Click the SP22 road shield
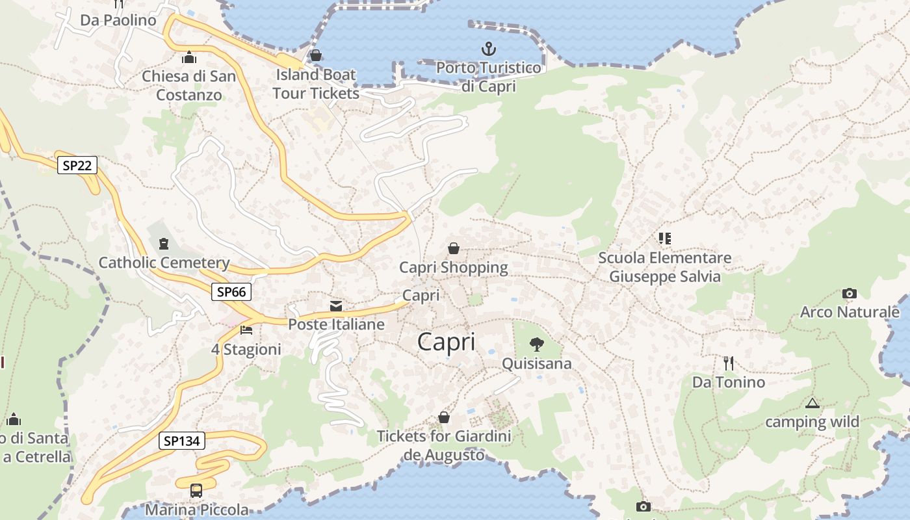77,165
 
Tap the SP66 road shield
231,292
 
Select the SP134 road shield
182,441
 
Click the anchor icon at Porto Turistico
488,49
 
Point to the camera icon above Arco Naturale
849,294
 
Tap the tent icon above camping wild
812,404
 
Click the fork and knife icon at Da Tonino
729,363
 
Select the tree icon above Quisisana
536,344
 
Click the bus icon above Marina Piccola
196,491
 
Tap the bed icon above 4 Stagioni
246,330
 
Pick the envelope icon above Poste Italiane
336,305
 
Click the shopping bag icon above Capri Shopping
454,248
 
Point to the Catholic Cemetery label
164,263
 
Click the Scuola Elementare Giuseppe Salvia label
664,267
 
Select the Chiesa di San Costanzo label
188,85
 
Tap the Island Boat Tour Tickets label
316,84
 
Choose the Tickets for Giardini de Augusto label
444,445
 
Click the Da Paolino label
118,20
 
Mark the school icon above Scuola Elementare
664,239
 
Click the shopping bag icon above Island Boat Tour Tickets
316,55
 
